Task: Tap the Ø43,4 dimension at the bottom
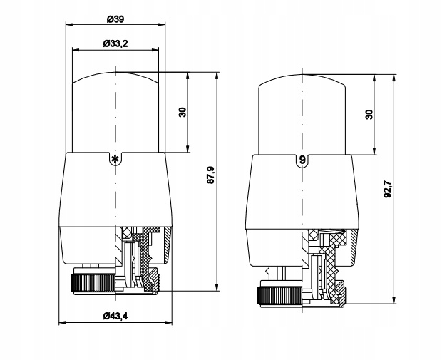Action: coord(115,315)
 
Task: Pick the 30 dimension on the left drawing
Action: coord(183,112)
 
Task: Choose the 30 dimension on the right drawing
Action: coord(369,115)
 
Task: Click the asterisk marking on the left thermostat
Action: coord(114,158)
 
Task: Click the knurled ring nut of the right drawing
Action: coord(278,293)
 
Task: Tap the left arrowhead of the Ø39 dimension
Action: coord(68,24)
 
